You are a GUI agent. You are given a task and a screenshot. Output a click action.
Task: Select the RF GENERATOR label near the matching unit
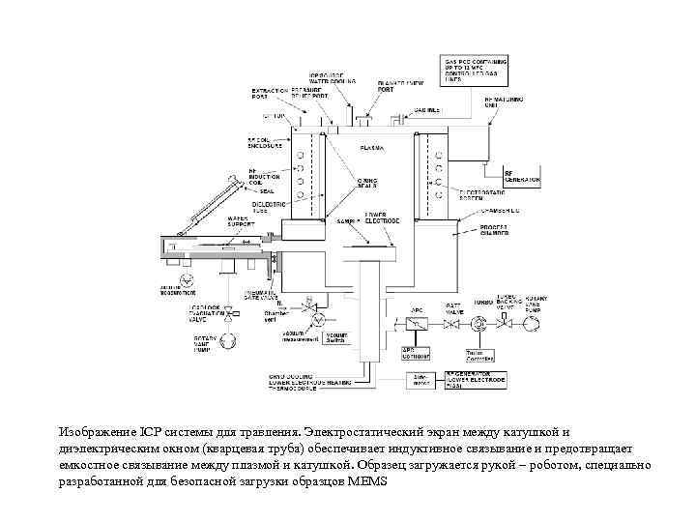point(521,177)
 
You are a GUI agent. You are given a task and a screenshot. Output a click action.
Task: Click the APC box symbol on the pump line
point(418,323)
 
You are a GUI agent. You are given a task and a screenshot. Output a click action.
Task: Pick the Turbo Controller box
point(480,354)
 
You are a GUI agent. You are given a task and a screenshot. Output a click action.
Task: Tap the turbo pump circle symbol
point(480,325)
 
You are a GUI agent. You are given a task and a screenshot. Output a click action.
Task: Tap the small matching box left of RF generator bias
point(419,380)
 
